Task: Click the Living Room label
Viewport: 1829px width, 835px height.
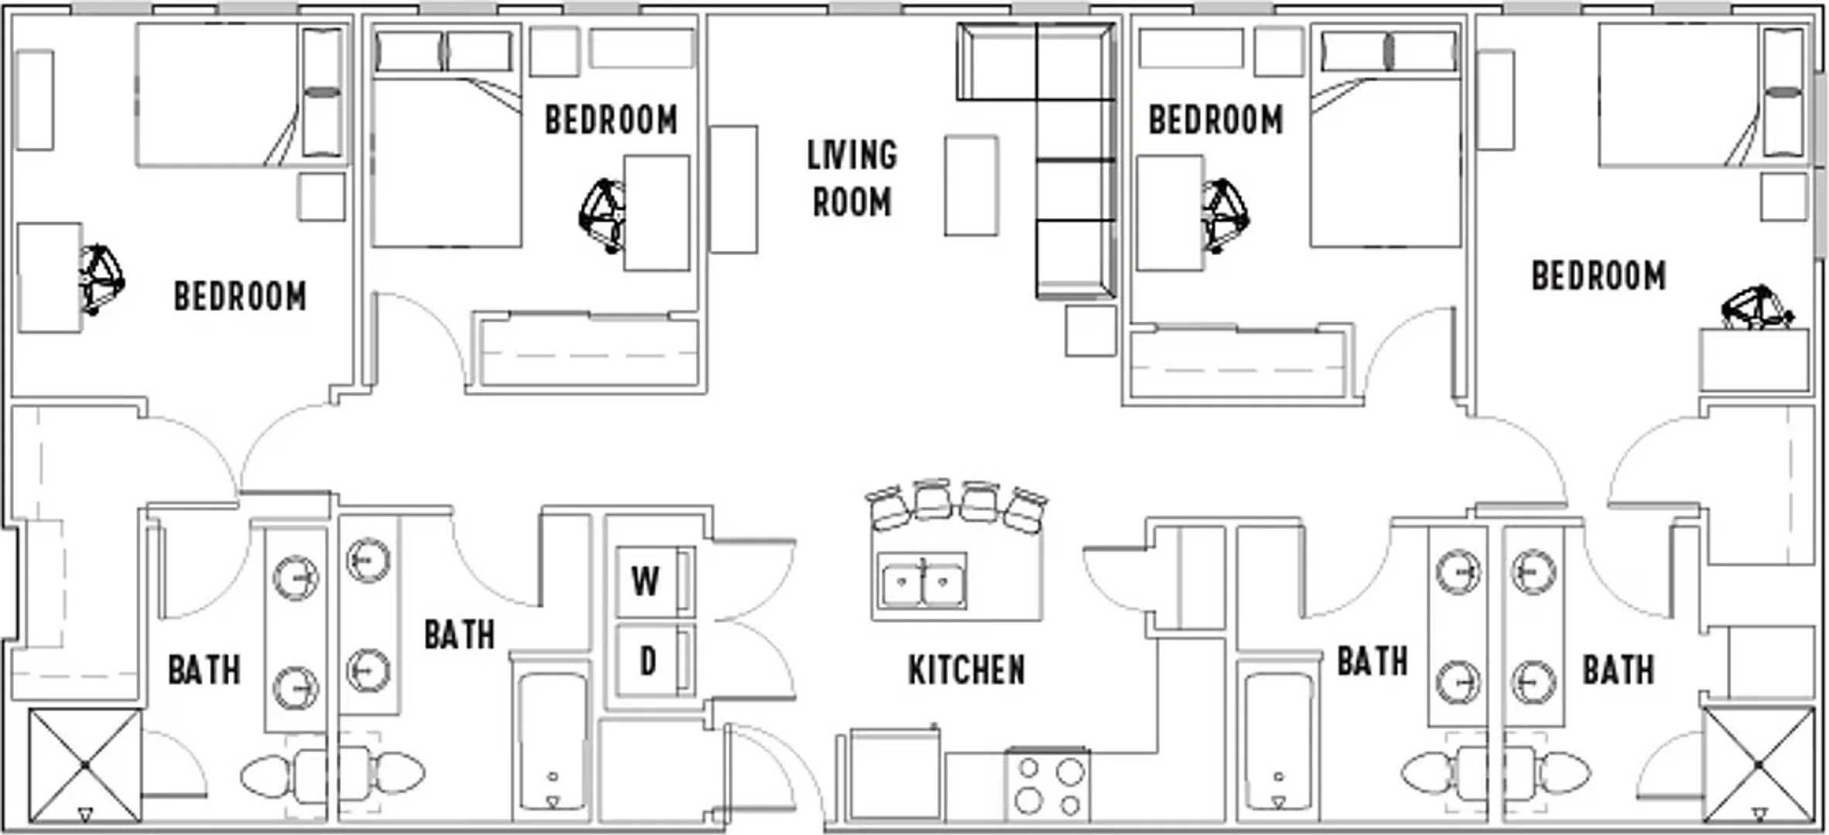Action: (852, 179)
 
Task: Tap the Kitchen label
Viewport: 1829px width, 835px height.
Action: (966, 670)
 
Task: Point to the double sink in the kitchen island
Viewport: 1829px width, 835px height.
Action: (923, 583)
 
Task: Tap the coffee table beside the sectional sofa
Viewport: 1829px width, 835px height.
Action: (971, 186)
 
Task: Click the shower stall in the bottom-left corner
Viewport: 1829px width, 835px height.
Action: (85, 765)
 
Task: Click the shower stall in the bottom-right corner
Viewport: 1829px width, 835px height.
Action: (1759, 765)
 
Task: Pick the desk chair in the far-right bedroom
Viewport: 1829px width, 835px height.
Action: (1756, 308)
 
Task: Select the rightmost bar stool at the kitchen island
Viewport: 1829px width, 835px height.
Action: (1026, 510)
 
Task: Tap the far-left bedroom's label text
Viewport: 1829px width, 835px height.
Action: (240, 297)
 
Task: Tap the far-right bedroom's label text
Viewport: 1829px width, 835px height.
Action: (1598, 276)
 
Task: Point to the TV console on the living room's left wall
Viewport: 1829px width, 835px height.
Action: (733, 189)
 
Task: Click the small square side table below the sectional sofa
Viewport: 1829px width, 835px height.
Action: (1091, 331)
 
